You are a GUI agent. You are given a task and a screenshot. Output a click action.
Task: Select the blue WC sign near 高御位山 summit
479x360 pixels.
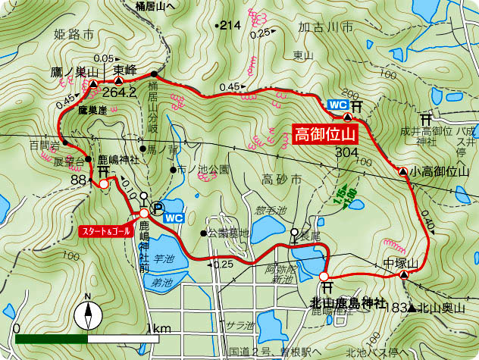pyautogui.click(x=337, y=105)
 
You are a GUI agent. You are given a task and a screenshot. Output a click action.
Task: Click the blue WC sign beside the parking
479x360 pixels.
pyautogui.click(x=174, y=218)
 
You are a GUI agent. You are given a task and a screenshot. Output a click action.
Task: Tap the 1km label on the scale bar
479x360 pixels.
pyautogui.click(x=159, y=330)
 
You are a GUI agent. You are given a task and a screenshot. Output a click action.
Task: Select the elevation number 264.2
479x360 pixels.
pyautogui.click(x=119, y=92)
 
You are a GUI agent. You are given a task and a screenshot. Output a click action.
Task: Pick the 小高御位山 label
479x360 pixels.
pyautogui.click(x=440, y=172)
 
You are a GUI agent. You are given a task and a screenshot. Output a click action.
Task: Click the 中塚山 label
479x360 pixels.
pyautogui.click(x=401, y=263)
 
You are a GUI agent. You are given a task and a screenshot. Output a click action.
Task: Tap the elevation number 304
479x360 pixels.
pyautogui.click(x=346, y=153)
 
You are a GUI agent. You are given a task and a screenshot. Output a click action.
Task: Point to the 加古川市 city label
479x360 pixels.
pyautogui.click(x=326, y=27)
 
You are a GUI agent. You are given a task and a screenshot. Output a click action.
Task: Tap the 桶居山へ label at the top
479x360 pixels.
pyautogui.click(x=155, y=5)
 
